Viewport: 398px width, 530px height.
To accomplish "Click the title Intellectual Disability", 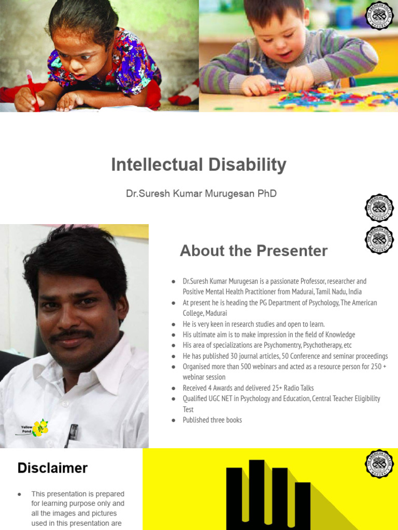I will click(198, 165).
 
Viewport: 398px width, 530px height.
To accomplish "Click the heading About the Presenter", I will click(253, 251).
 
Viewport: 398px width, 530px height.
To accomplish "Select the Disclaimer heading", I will click(52, 468).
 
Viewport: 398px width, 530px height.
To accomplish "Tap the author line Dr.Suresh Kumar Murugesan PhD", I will click(201, 194).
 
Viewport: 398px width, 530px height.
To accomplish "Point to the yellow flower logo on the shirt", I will click(40, 428).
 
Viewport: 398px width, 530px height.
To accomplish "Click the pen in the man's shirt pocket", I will click(72, 434).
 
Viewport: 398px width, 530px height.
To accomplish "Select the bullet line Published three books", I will click(212, 420).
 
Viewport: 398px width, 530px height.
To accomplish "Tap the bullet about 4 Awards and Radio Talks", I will click(248, 388).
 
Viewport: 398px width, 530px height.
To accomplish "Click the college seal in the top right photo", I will click(379, 19).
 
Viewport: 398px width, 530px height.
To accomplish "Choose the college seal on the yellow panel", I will click(379, 464).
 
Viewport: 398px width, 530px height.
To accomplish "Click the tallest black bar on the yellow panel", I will click(257, 494).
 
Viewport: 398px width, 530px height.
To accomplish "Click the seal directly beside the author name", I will click(379, 208).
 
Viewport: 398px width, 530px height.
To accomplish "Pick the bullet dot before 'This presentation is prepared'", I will click(20, 494).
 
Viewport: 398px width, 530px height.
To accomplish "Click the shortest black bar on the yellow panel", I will click(303, 506).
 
